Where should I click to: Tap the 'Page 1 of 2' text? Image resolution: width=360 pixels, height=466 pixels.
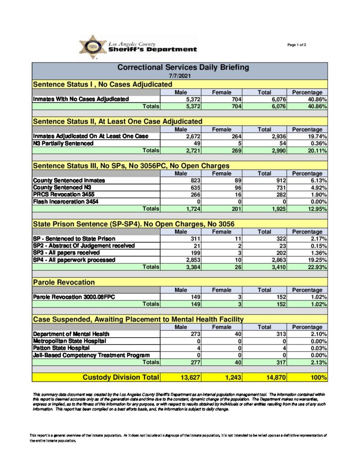point(297,45)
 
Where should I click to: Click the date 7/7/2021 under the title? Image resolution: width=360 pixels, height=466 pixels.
point(179,76)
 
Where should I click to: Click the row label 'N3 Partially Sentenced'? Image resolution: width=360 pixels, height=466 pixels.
point(63,143)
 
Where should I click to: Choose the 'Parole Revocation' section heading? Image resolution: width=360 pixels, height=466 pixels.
point(64,283)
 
